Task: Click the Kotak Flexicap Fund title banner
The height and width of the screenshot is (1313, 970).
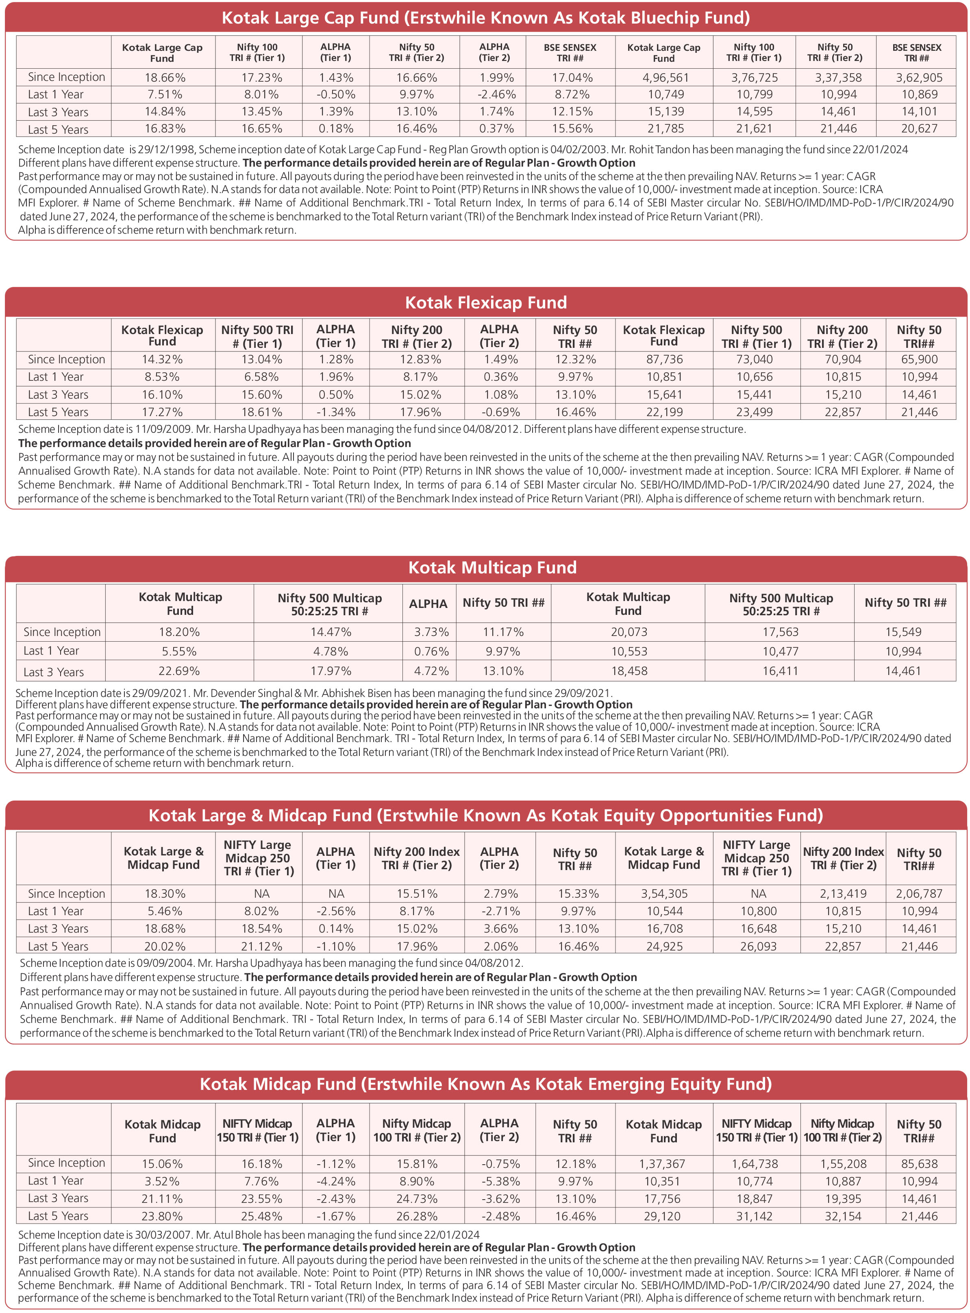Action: (485, 302)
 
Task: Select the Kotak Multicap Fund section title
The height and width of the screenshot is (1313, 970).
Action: (492, 567)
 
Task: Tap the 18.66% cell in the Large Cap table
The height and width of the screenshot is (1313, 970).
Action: (165, 78)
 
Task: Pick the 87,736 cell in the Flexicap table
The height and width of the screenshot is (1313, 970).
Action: (664, 359)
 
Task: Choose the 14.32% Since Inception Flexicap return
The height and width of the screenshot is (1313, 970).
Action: (162, 359)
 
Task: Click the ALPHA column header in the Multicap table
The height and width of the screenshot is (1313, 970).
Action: (428, 603)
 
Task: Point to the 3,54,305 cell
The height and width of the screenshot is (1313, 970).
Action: (664, 893)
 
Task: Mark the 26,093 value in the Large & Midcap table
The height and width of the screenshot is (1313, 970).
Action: (758, 946)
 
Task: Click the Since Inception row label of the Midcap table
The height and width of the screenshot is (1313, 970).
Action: (66, 1163)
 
